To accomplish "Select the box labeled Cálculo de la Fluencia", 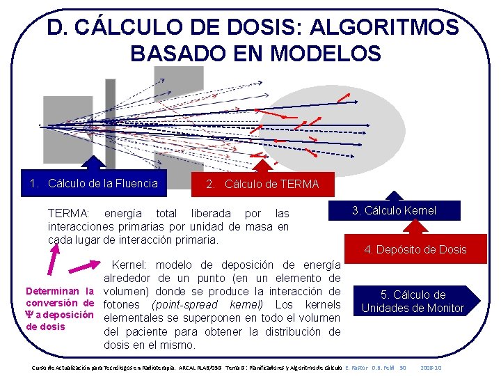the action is tap(94, 184).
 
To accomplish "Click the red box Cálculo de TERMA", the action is tap(262, 185).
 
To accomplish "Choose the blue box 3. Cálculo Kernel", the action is tap(394, 210).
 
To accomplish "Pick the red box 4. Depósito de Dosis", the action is tap(415, 249).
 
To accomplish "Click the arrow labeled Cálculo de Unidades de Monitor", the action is tap(413, 301).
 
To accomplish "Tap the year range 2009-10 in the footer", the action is tap(432, 367).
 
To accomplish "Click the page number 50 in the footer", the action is tap(402, 367).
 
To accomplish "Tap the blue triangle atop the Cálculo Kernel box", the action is tap(394, 196).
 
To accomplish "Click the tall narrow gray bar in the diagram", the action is tap(110, 122).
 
